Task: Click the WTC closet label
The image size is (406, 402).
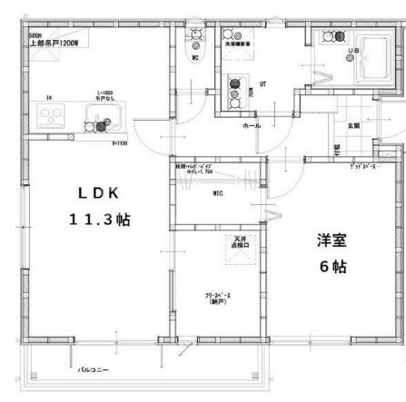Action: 219,193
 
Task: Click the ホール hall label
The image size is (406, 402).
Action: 252,125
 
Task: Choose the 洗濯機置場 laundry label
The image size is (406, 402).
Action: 238,42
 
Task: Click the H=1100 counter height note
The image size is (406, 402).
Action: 117,142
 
